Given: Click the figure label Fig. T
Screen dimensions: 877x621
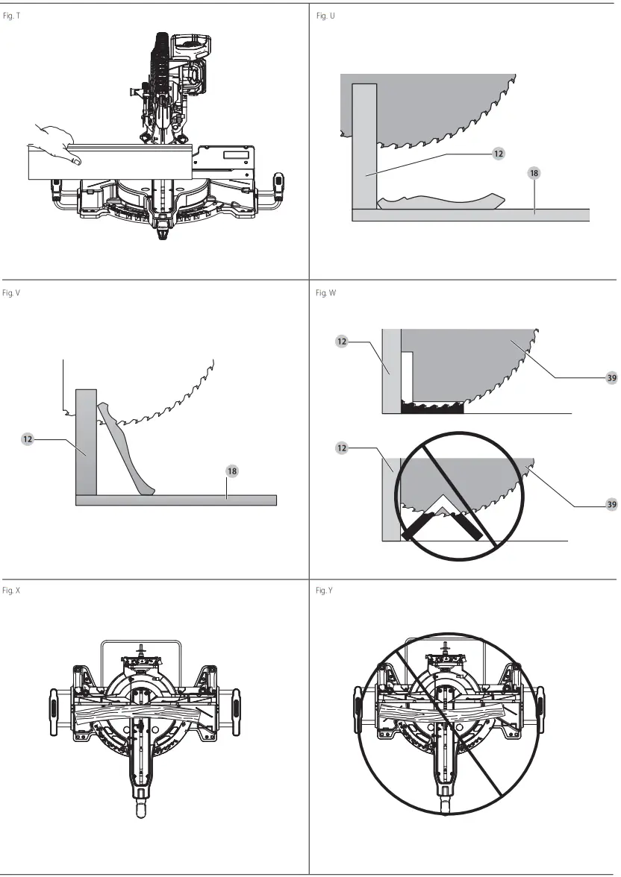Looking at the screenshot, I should point(13,16).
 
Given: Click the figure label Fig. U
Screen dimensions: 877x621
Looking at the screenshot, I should point(325,16).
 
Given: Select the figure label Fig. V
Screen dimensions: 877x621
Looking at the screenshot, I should point(12,293).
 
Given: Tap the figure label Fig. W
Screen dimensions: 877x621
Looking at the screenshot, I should point(326,293).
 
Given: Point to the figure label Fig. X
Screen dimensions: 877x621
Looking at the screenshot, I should point(12,591).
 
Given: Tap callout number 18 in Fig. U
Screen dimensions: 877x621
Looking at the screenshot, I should point(534,173).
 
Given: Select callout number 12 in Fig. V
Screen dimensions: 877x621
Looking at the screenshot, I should point(28,440).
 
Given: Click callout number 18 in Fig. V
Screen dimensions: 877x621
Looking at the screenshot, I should point(232,471).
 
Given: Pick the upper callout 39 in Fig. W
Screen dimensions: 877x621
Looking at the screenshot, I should point(611,378).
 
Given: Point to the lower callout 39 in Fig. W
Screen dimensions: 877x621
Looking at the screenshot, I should point(611,505).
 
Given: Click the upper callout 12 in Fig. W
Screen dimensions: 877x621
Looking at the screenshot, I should point(342,342).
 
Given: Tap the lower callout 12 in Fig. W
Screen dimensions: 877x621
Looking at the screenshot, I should point(342,448).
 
